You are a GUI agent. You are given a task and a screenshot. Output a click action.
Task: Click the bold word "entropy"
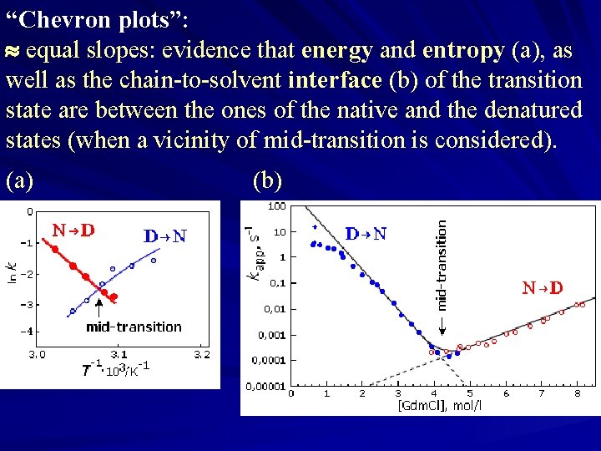point(463,50)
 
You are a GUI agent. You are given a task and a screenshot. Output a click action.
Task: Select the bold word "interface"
point(335,80)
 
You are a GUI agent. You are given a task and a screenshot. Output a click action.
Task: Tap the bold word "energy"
point(337,50)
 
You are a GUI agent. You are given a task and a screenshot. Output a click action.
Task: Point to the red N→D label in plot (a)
point(73,231)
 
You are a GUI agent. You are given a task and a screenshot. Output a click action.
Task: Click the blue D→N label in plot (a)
point(165,236)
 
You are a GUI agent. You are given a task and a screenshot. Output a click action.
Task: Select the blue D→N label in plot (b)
point(366,234)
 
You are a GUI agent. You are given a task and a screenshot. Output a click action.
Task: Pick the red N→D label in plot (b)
point(542,288)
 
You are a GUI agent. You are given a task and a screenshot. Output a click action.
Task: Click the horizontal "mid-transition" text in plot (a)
point(134,327)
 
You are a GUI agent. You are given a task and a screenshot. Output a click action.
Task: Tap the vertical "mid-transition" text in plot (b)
point(442,265)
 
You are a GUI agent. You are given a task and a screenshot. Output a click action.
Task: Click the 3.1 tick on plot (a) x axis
point(119,354)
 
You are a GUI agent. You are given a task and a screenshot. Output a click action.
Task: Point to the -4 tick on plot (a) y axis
point(26,332)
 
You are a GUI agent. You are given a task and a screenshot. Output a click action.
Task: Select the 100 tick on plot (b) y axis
point(276,205)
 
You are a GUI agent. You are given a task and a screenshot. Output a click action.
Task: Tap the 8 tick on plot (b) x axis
point(577,392)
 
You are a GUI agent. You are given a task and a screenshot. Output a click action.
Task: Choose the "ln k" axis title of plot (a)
point(12,272)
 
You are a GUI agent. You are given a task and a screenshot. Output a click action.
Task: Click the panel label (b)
point(267,180)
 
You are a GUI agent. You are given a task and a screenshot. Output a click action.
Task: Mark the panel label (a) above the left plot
point(21,180)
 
